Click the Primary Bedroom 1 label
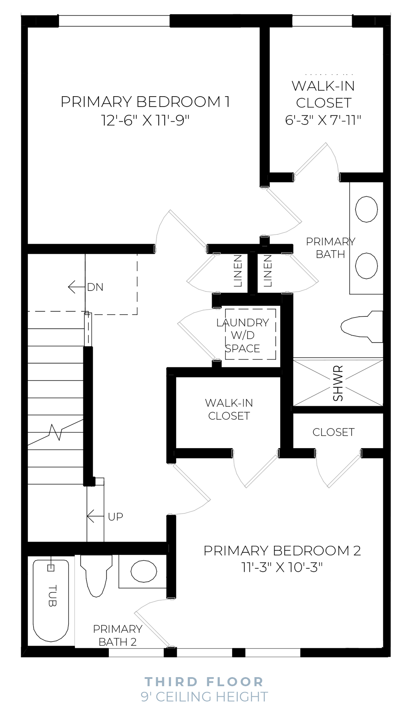pos(145,102)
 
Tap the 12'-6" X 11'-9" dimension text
pos(145,121)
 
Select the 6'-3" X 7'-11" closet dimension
pos(323,120)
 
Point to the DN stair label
pos(95,287)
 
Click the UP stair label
pos(115,516)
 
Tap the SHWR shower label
pos(338,383)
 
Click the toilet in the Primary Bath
pos(361,326)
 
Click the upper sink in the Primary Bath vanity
pos(366,209)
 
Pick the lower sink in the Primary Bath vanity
pos(366,266)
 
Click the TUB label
pos(52,596)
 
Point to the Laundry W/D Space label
pos(242,335)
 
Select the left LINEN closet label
pos(238,270)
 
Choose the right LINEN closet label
pos(268,270)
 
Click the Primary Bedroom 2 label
pos(282,550)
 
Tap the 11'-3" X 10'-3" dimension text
pos(282,567)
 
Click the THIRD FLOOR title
pos(204,682)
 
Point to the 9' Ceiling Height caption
pos(204,697)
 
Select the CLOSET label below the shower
pos(333,432)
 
